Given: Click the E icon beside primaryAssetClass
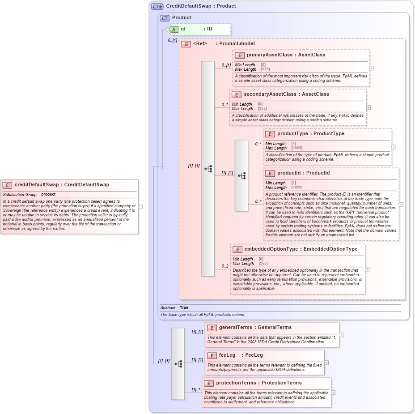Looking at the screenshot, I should (x=239, y=55).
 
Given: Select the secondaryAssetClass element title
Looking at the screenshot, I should (x=263, y=94).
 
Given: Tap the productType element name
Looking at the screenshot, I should (x=292, y=134).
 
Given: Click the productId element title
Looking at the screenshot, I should (x=290, y=173).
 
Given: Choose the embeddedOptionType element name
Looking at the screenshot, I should (x=271, y=249).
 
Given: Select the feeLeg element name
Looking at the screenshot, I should (x=227, y=355).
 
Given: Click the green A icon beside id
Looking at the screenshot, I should (x=174, y=29).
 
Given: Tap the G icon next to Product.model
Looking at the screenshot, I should (x=186, y=44).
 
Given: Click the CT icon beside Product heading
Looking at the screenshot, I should (x=165, y=18).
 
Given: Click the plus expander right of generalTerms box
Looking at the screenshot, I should (x=341, y=334).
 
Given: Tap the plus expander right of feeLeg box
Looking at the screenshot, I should (x=326, y=363).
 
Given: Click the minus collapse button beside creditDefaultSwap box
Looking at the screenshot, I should (x=140, y=207).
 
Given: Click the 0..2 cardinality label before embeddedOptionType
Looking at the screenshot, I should (x=225, y=266).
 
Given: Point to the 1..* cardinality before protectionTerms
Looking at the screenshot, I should (x=196, y=390).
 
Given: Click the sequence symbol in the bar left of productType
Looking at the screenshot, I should (x=241, y=175).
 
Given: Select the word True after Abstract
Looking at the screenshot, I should (x=184, y=308).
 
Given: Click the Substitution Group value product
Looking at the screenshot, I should (x=48, y=195).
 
